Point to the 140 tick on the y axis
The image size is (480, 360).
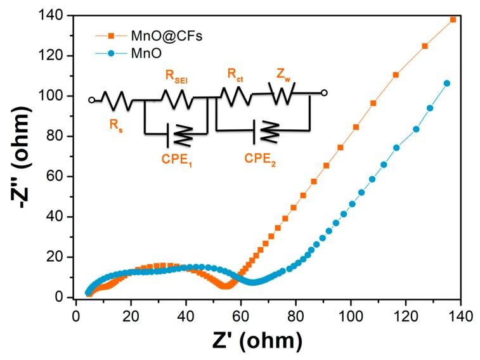tap(55, 16)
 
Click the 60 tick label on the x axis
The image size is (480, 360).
tap(240, 314)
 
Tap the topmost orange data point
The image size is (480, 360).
tap(453, 20)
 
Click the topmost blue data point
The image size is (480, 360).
tap(447, 83)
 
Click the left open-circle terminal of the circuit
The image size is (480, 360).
tap(92, 100)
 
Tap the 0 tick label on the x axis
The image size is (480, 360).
tap(76, 314)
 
